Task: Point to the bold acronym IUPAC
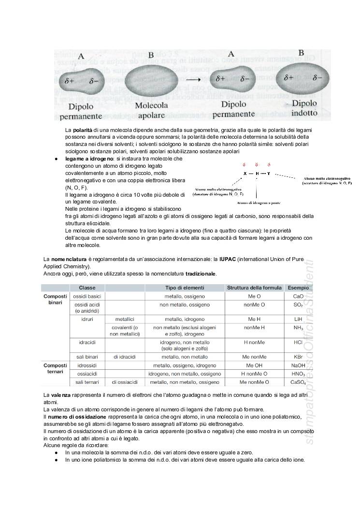[x=228, y=260]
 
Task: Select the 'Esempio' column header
[x=298, y=288]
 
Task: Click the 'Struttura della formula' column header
[x=254, y=288]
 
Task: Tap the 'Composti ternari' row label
[x=55, y=368]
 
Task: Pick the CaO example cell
[x=298, y=296]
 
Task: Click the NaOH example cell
[x=298, y=365]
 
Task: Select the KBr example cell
[x=298, y=357]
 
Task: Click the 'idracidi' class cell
[x=87, y=342]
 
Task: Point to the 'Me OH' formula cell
[x=254, y=365]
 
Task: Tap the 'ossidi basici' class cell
[x=87, y=296]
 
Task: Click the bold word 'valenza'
[x=60, y=396]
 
